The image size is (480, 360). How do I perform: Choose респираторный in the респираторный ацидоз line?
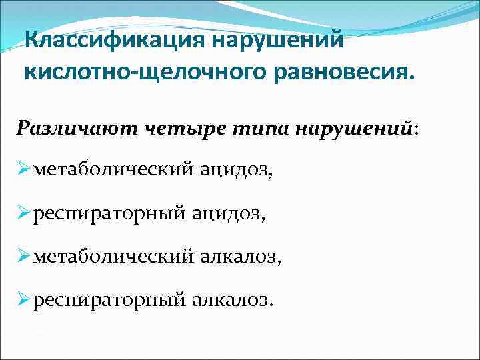coord(109,214)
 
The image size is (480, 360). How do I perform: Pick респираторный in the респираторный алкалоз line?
coord(109,299)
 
